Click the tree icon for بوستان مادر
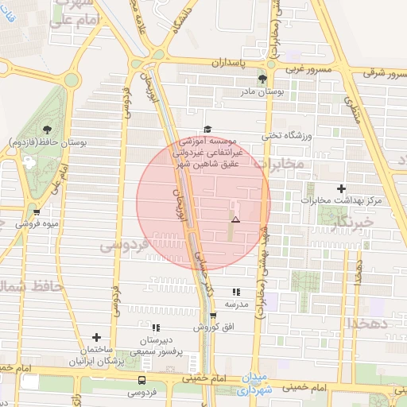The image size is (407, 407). [262, 78]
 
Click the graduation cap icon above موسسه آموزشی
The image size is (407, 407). [207, 129]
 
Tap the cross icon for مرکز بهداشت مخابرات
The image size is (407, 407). [342, 188]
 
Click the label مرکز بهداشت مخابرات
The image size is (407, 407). [342, 201]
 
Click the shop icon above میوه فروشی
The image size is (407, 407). [37, 211]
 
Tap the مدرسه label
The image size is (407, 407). [237, 304]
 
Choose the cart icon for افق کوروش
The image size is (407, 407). [212, 315]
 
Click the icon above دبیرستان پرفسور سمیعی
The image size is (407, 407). [156, 328]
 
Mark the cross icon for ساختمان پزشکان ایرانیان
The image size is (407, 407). [96, 338]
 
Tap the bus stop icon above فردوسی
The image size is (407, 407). [141, 380]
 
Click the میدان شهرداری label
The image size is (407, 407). [254, 385]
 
